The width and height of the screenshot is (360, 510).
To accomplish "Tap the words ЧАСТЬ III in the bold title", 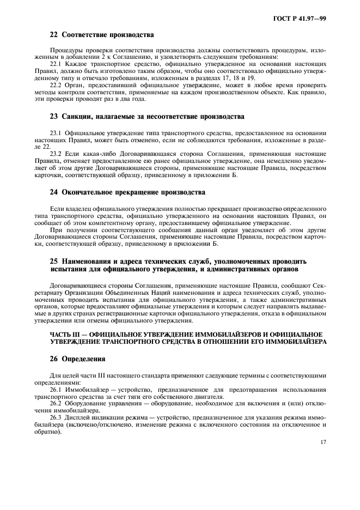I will pyautogui.click(x=66, y=333).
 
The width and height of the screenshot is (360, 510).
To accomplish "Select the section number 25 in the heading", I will pyautogui.click(x=53, y=261).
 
